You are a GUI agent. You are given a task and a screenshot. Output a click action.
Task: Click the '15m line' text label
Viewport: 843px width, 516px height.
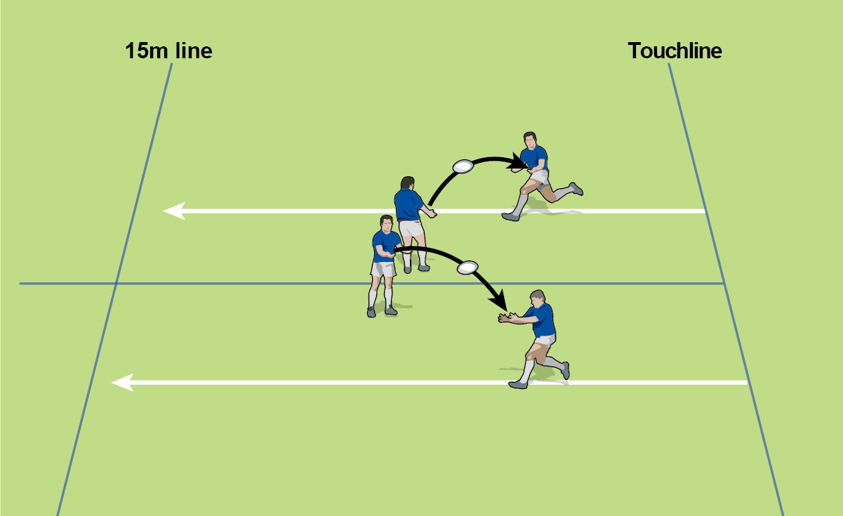(x=168, y=51)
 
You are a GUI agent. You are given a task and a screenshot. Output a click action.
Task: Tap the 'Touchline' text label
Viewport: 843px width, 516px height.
(x=675, y=51)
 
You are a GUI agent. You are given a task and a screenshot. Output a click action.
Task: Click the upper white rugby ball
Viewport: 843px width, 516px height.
(x=463, y=166)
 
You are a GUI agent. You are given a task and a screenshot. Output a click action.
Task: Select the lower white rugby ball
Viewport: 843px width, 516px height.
(x=467, y=267)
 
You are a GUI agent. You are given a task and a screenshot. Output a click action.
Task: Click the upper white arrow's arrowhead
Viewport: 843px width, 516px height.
(x=174, y=211)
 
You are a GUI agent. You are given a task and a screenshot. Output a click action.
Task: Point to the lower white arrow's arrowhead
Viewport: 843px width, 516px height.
(x=123, y=383)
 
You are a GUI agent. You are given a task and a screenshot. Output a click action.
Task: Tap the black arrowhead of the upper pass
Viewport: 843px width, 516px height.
(x=517, y=162)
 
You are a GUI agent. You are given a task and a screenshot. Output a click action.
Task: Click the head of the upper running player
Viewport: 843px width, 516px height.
(x=529, y=140)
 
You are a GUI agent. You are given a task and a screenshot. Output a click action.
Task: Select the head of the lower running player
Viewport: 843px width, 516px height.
(x=538, y=299)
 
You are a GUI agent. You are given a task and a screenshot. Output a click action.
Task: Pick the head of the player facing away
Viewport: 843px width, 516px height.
(x=408, y=183)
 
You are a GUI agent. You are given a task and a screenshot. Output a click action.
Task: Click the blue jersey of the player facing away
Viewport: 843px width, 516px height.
(x=409, y=205)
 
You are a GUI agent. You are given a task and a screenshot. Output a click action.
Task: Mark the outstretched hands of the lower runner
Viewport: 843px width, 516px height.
(x=505, y=317)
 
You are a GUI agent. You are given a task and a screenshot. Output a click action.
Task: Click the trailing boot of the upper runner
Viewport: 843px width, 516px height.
(x=576, y=189)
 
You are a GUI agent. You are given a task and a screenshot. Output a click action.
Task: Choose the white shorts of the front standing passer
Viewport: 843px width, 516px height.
(x=383, y=270)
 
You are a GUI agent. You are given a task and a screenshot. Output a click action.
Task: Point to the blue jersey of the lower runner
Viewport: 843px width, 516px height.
(x=543, y=321)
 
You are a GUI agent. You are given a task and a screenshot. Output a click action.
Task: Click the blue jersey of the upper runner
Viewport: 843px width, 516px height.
(x=534, y=158)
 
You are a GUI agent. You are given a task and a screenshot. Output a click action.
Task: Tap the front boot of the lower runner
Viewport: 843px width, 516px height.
(x=518, y=385)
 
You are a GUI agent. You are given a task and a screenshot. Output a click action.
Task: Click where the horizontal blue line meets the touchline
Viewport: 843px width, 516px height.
(x=724, y=284)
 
